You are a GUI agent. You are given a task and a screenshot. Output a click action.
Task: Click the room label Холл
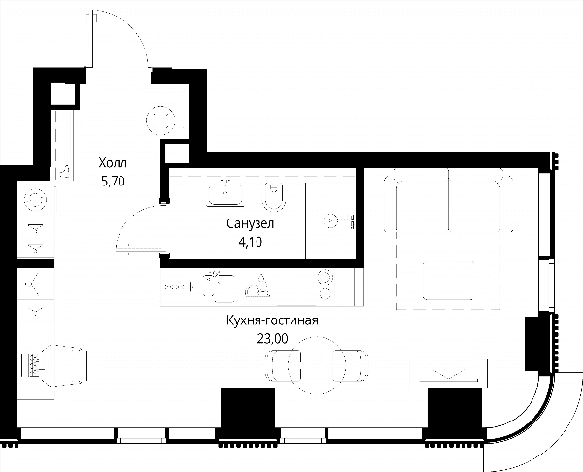(x=113, y=163)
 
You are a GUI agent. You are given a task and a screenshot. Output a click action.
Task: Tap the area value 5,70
(x=113, y=181)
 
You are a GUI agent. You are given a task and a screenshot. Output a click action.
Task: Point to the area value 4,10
(x=251, y=242)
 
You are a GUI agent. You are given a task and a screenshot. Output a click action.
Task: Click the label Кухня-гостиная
(x=272, y=320)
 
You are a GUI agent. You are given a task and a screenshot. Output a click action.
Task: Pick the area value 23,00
(x=272, y=339)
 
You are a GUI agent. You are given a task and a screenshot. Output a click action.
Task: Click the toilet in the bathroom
(x=274, y=196)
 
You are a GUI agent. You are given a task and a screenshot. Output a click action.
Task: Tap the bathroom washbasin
(x=225, y=192)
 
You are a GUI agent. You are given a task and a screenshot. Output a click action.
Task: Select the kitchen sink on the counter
(x=219, y=287)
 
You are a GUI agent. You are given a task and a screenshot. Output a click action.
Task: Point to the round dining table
(x=317, y=365)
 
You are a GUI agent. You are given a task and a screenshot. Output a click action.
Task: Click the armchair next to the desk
(x=64, y=365)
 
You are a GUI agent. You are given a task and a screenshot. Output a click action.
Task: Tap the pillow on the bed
(x=449, y=281)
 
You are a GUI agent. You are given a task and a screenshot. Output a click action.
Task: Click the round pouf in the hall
(x=160, y=120)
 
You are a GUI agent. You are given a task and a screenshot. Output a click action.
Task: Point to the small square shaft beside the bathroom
(x=176, y=152)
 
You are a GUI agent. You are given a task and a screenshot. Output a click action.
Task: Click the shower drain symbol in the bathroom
(x=331, y=221)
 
